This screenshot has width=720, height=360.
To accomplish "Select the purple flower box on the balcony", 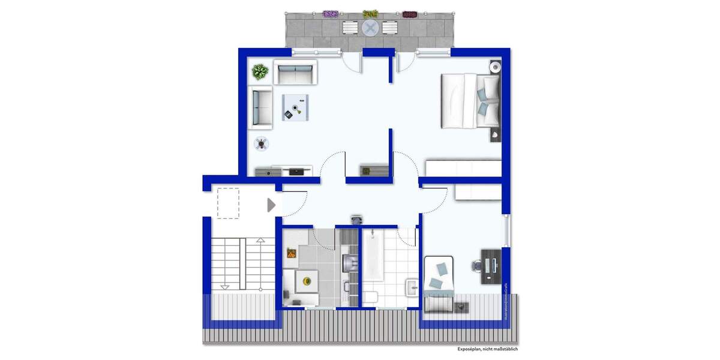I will [331, 13].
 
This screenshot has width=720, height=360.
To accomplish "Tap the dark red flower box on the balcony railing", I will [410, 14].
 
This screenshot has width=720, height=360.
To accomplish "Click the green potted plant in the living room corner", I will [260, 73].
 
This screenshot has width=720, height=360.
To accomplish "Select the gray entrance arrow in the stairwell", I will [271, 205].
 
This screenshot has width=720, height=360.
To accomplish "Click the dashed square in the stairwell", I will [228, 202].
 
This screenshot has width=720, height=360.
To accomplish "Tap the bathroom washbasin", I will [412, 289].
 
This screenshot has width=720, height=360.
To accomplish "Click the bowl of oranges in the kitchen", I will [291, 254].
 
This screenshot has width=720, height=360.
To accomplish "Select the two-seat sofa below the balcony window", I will [296, 73].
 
